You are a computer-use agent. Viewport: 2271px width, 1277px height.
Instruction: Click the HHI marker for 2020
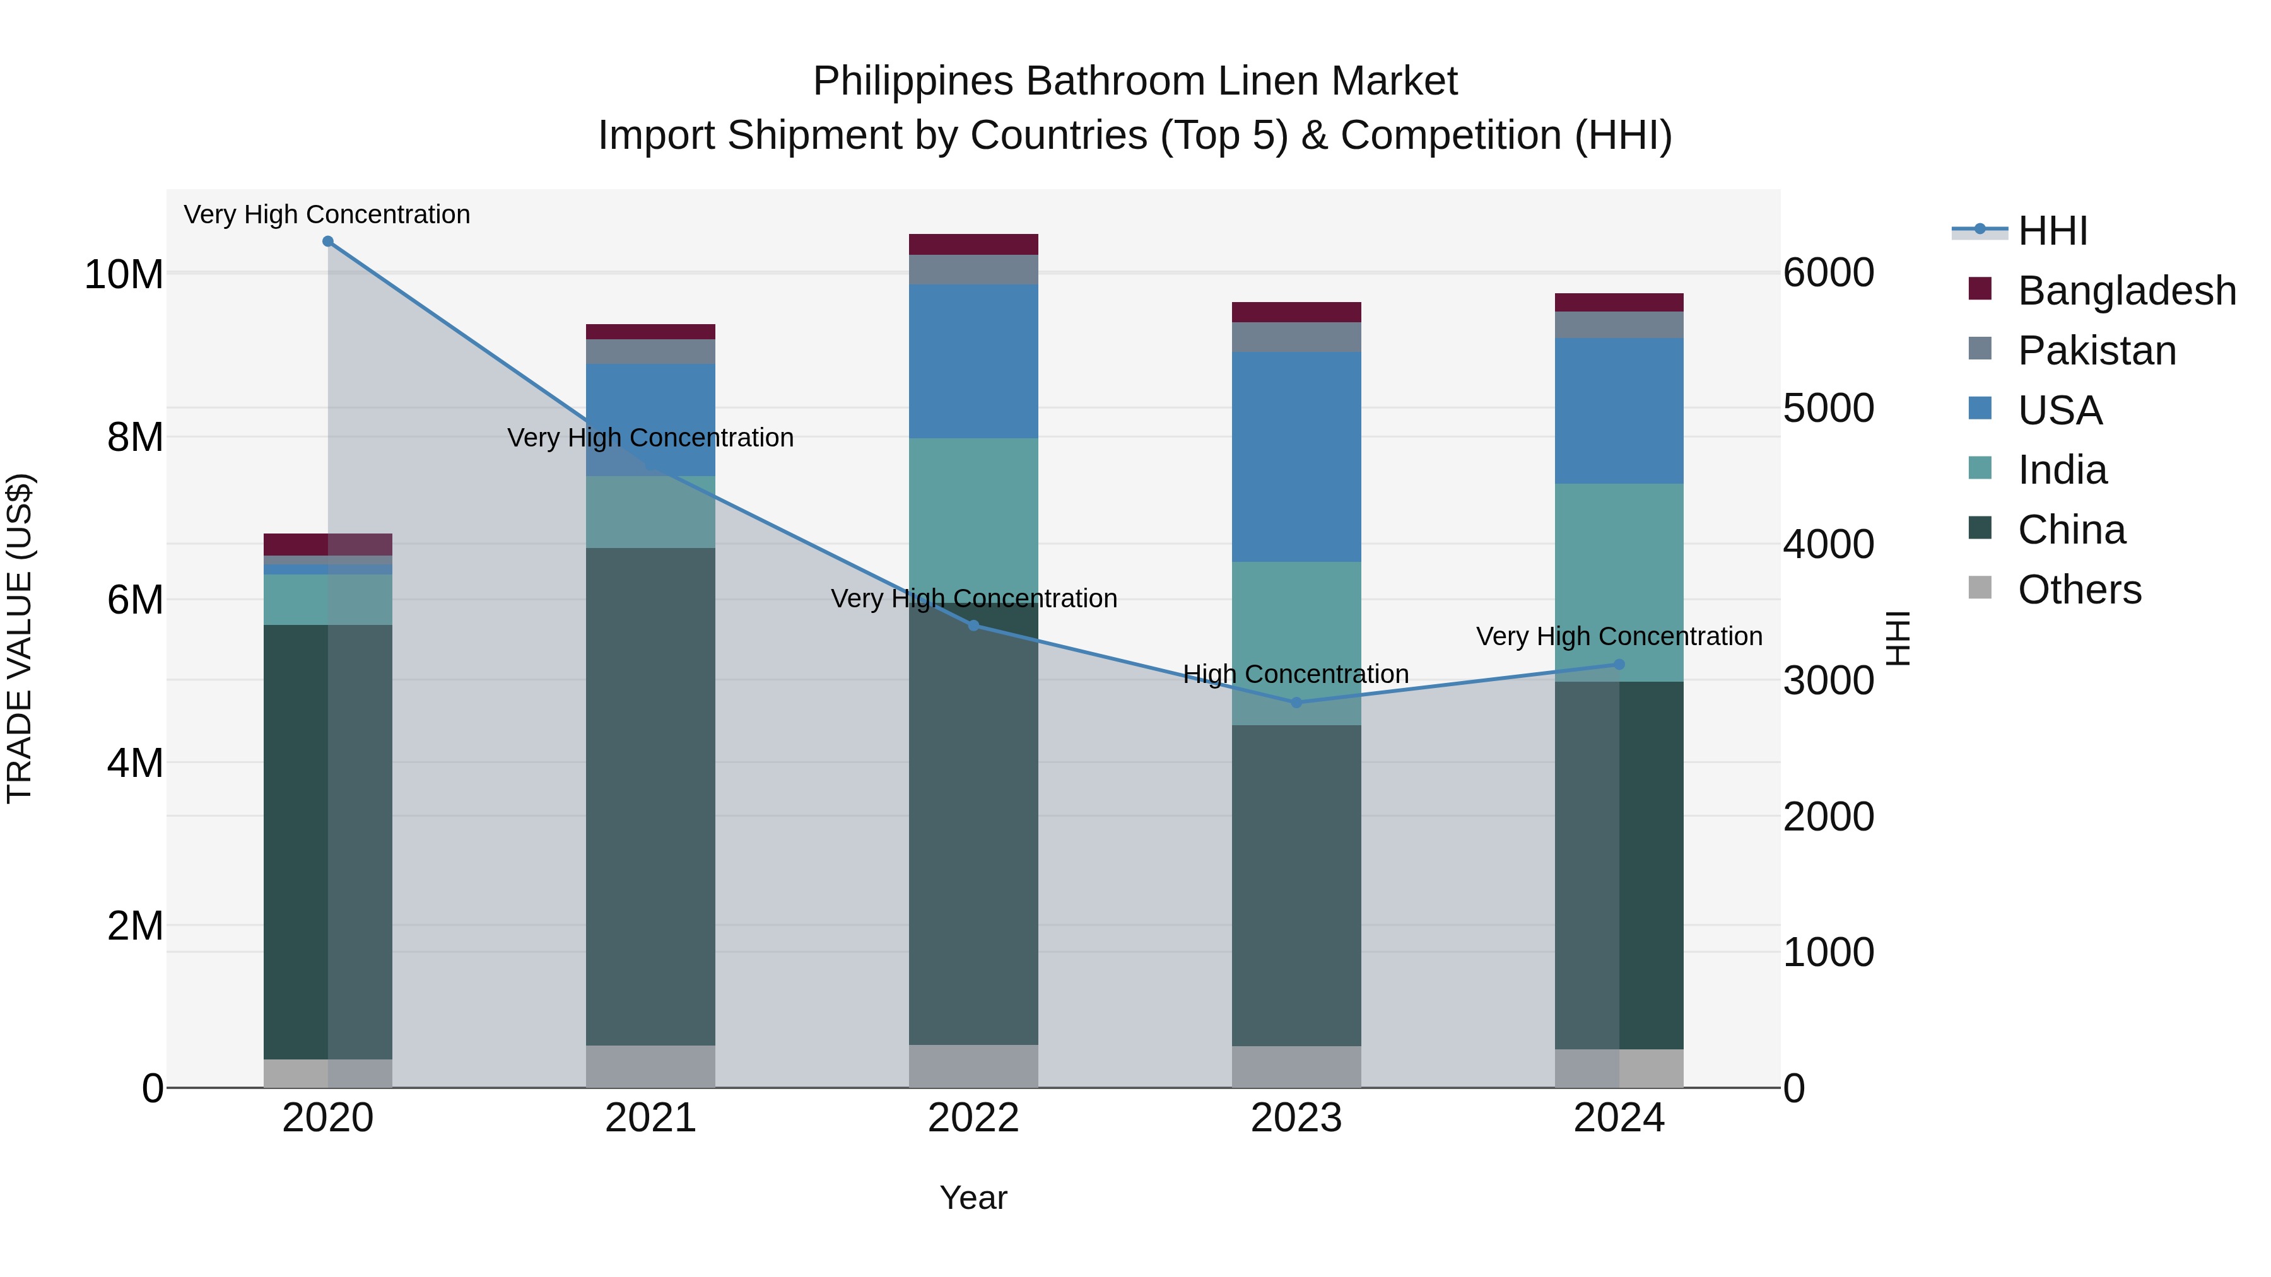coord(328,242)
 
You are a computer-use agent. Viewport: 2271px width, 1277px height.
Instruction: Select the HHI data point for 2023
coord(1296,703)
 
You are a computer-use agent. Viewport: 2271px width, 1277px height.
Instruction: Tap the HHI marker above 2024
coord(1619,665)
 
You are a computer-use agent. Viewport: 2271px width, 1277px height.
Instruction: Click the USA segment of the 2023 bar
coord(1296,457)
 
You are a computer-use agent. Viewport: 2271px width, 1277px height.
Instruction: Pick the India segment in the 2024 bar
coord(1619,581)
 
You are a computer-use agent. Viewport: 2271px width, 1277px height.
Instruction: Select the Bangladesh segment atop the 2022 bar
coord(973,244)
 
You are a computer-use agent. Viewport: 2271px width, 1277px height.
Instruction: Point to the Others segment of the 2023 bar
coord(1296,1066)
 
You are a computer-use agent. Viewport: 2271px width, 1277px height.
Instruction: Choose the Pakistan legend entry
coord(2096,351)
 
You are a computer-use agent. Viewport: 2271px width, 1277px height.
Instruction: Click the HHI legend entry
coord(2052,231)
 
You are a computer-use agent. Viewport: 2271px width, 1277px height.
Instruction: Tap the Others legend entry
coord(2079,590)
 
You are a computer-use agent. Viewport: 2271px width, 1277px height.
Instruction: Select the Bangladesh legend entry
coord(2127,291)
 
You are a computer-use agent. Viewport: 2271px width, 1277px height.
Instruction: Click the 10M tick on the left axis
coord(124,275)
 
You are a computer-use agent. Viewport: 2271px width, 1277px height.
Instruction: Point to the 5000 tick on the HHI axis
coord(1828,408)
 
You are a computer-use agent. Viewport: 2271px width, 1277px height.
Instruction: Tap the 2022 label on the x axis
coord(973,1118)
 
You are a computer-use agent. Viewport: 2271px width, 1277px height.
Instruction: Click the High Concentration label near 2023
coord(1296,674)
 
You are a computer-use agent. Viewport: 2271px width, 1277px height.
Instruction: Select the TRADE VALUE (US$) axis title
coord(20,638)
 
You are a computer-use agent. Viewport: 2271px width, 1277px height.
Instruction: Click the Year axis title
coord(973,1198)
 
